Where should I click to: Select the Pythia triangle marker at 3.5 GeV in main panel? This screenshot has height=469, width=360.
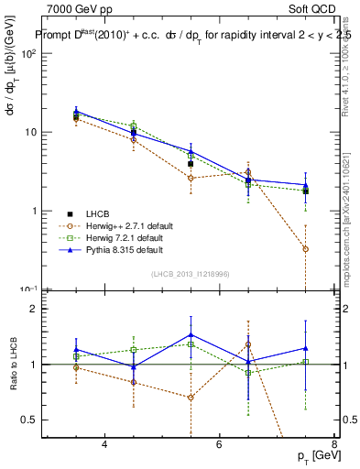pos(76,111)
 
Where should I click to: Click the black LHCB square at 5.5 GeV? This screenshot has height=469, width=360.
pos(191,164)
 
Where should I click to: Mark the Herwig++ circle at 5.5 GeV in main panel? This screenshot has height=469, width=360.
pos(191,178)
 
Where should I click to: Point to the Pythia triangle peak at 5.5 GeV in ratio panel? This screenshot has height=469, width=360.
pos(191,333)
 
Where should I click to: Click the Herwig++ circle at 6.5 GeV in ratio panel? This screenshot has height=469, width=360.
pos(248,345)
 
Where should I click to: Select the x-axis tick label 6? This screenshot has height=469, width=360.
pos(219,444)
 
